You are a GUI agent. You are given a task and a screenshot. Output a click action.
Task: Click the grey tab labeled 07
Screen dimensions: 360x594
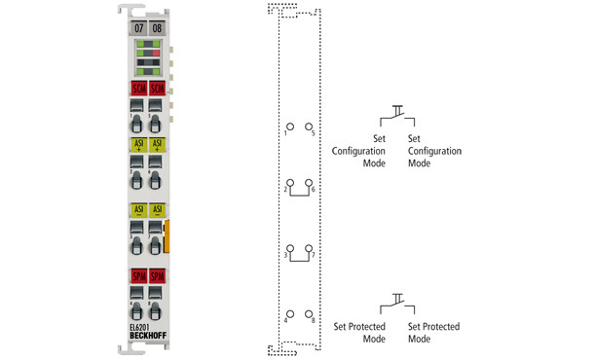[x=138, y=27]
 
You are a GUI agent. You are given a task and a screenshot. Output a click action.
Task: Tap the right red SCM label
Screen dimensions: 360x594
[x=157, y=90]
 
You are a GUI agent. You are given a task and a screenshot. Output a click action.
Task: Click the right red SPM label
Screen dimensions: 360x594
[x=157, y=276]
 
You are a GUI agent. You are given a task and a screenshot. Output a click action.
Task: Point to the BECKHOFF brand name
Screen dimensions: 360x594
[x=148, y=337]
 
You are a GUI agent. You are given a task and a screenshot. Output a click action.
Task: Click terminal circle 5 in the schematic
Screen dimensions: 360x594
[x=309, y=126]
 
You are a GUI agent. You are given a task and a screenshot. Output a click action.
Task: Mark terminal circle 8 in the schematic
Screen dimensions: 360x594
[x=309, y=314]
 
